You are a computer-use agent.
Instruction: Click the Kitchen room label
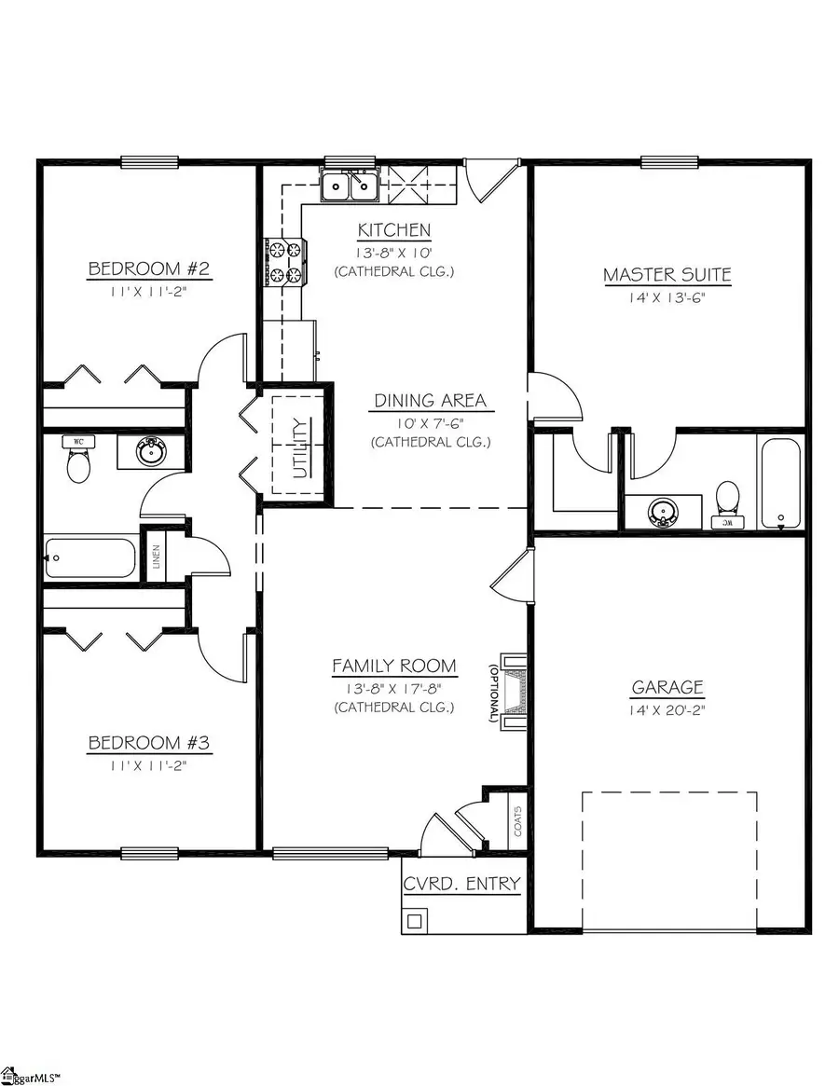(394, 230)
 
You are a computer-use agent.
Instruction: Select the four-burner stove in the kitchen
(285, 262)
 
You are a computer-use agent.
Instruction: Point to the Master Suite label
(667, 275)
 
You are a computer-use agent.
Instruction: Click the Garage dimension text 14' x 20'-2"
(667, 710)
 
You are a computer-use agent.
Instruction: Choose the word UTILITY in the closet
(299, 447)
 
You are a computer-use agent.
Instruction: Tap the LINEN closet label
(154, 557)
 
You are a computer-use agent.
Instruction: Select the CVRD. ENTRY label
(461, 884)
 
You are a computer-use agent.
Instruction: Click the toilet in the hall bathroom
(78, 461)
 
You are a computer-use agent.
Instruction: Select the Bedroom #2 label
(149, 269)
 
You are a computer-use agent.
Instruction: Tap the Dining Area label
(430, 401)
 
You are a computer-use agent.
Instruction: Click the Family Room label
(394, 666)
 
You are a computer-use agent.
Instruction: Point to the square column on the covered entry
(414, 922)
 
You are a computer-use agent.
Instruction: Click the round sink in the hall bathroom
(148, 453)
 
